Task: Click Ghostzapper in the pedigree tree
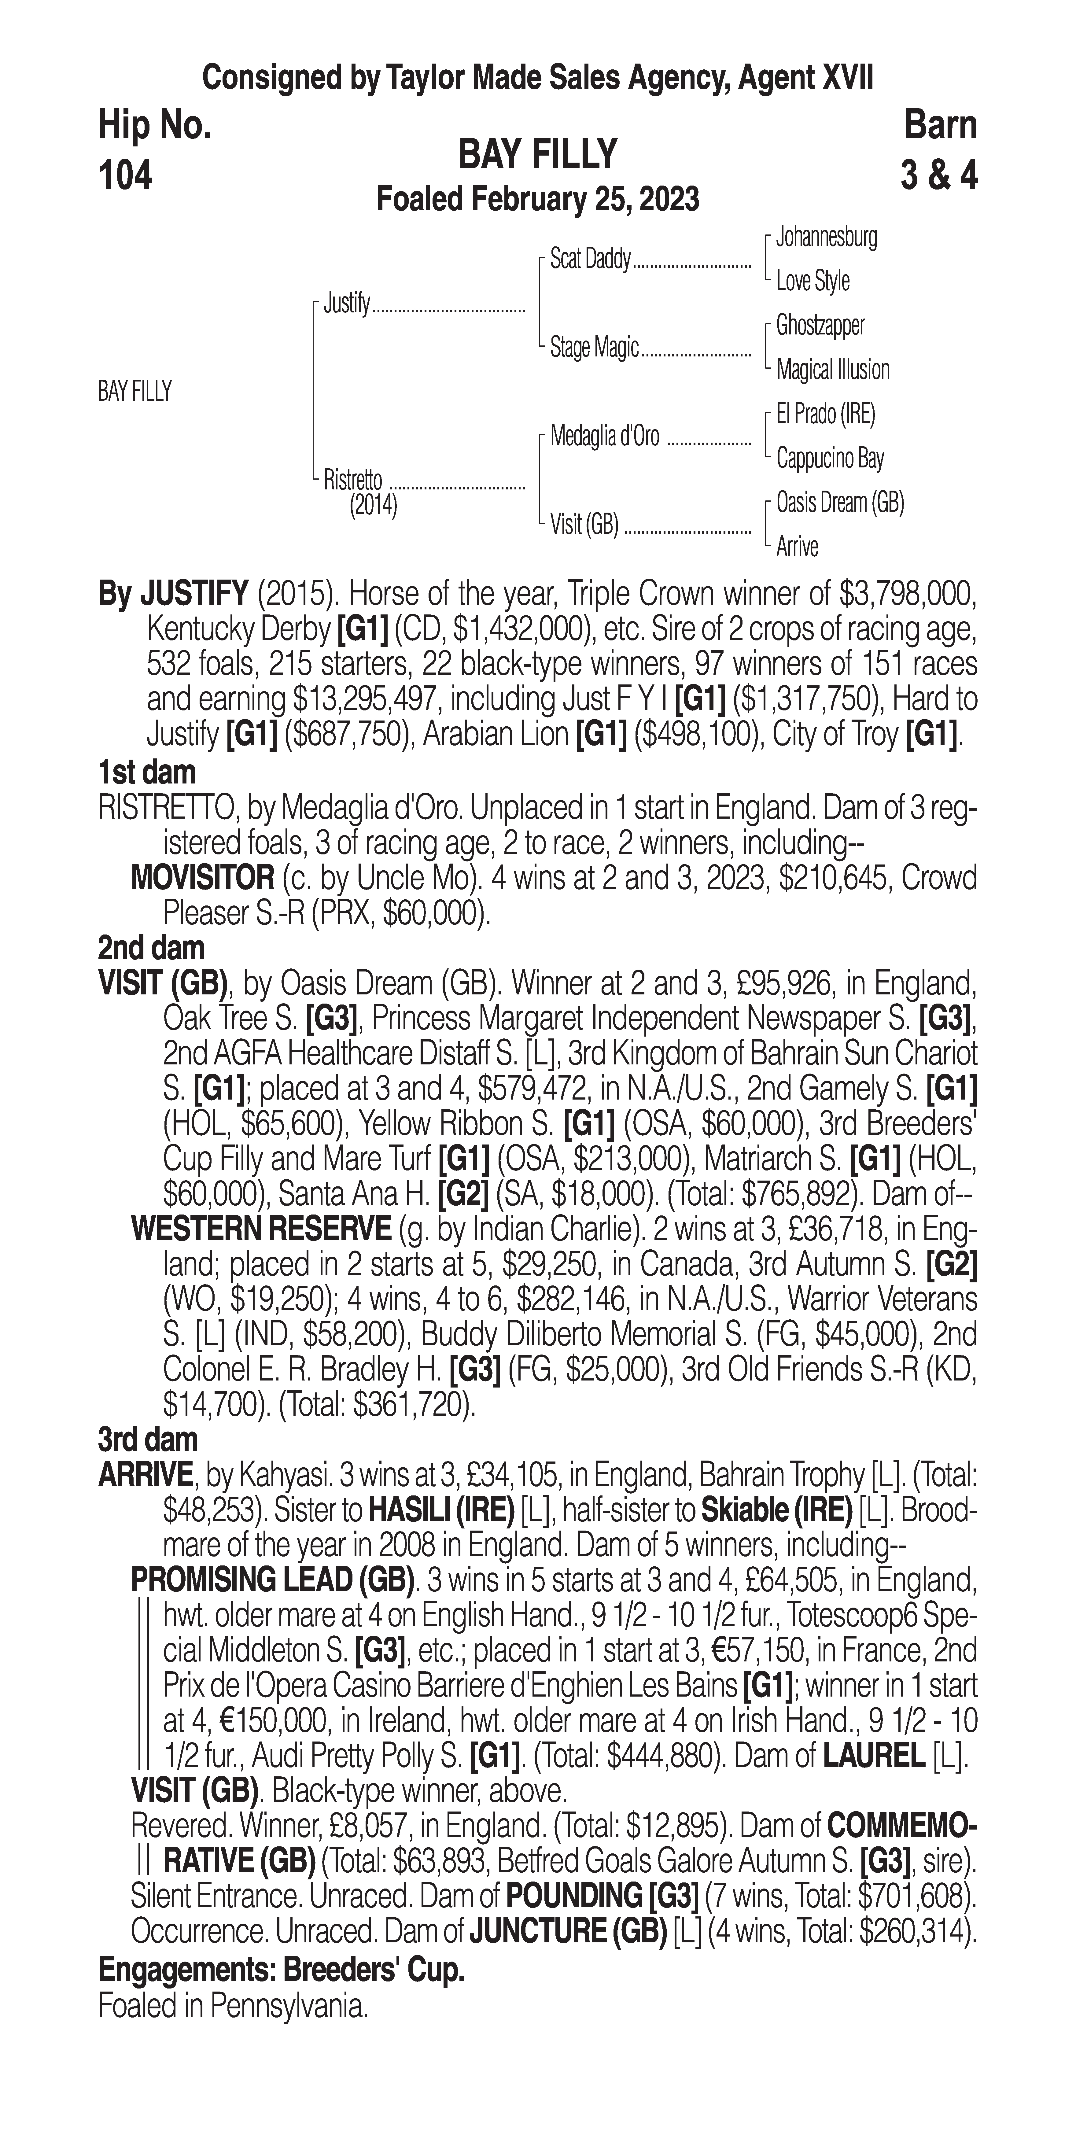pyautogui.click(x=820, y=325)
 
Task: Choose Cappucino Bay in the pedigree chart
pyautogui.click(x=829, y=458)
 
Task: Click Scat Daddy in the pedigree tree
pyautogui.click(x=590, y=260)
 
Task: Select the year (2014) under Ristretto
pyautogui.click(x=373, y=506)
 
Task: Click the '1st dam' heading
pyautogui.click(x=147, y=772)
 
